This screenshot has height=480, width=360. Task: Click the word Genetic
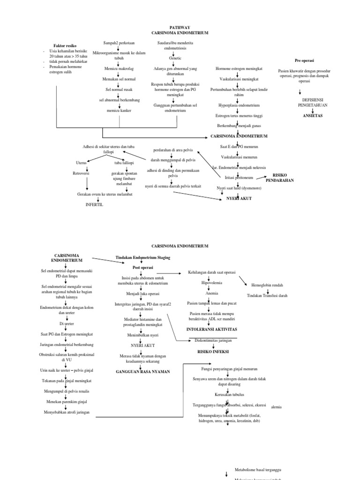[175, 58]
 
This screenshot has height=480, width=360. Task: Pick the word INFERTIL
[94, 205]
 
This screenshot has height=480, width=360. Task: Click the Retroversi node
[81, 173]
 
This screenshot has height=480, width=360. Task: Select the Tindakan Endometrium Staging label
[143, 257]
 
